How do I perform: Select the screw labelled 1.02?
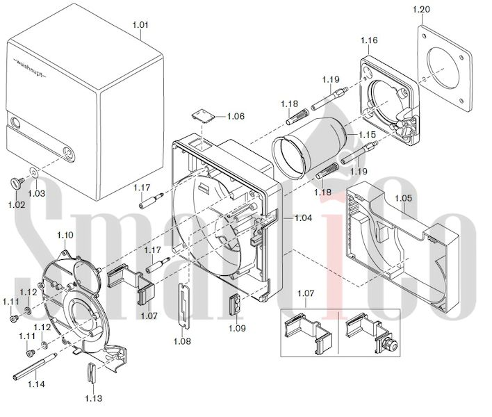click(x=15, y=182)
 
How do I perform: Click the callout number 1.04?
click(x=303, y=218)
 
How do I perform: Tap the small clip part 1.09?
click(x=236, y=304)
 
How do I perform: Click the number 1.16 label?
click(x=369, y=41)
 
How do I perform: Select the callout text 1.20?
click(x=421, y=9)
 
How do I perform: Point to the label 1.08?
click(x=183, y=341)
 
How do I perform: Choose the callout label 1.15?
click(x=367, y=133)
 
